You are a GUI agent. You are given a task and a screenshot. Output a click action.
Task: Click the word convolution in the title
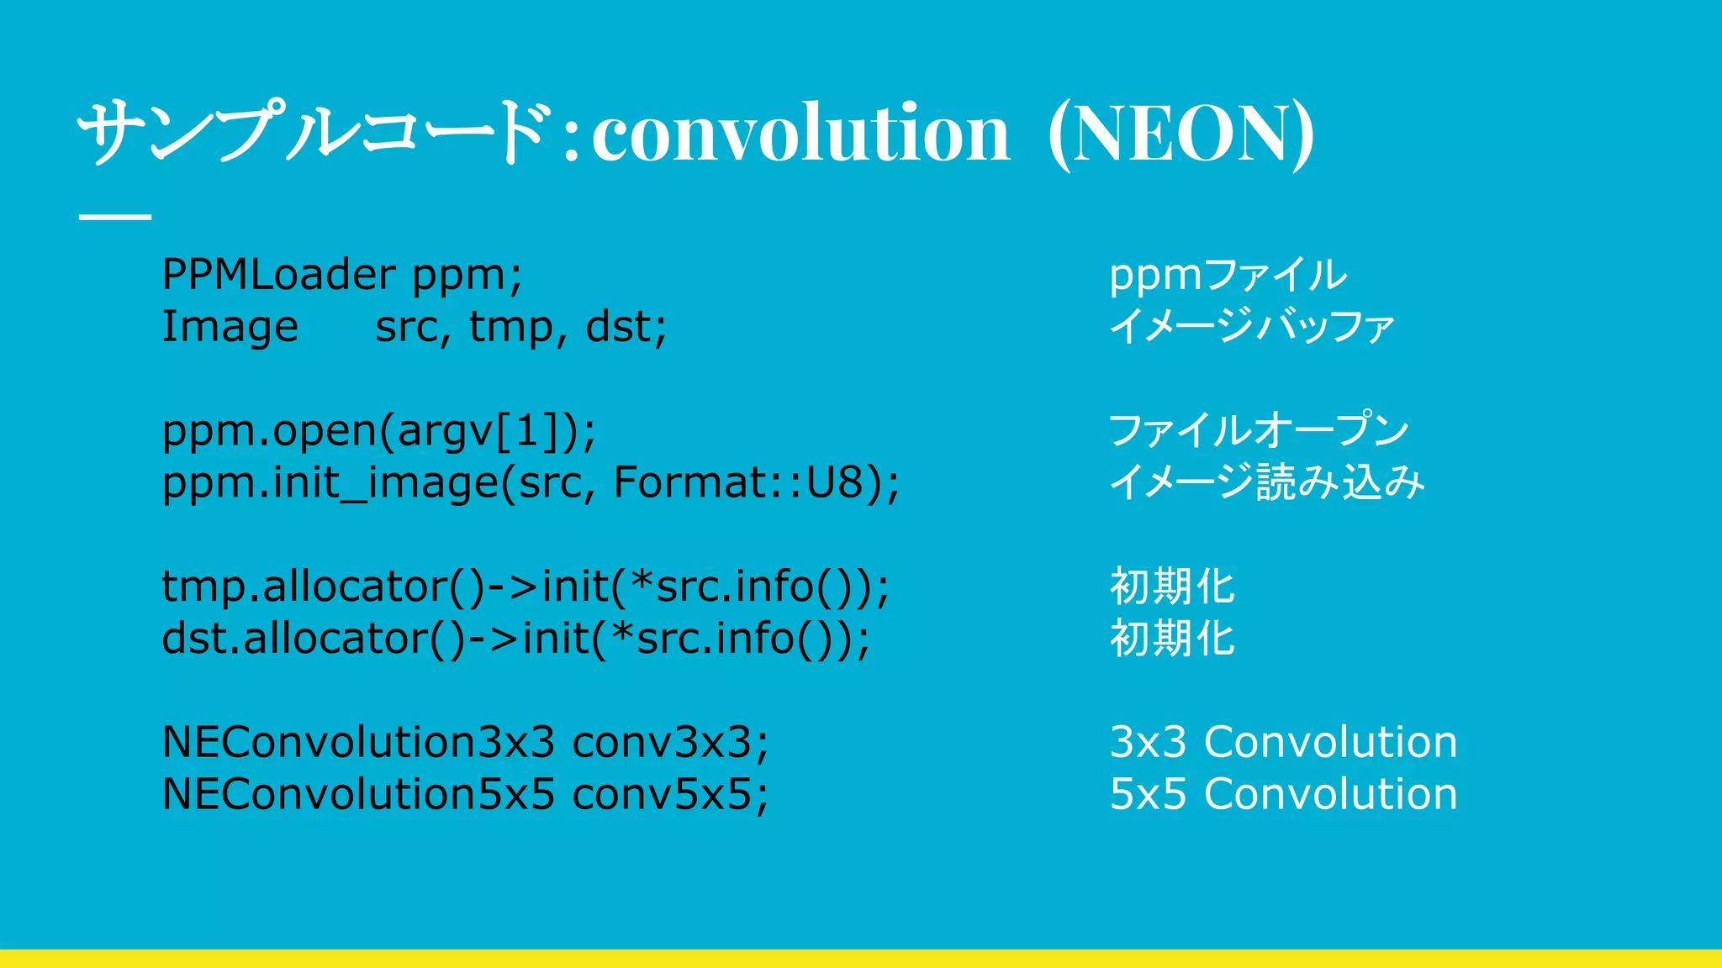coord(800,134)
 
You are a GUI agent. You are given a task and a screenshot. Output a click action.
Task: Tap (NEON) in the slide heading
coord(1181,134)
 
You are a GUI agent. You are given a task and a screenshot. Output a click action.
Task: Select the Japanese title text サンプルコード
coord(315,132)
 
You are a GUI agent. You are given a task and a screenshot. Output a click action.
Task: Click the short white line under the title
coord(115,217)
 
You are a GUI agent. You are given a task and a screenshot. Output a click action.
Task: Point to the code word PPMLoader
coord(278,275)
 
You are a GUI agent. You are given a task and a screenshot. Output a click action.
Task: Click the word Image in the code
coord(230,327)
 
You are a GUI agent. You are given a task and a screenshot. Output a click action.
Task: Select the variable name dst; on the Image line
coord(626,327)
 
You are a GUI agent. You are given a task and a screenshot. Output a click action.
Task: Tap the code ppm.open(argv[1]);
coord(378,431)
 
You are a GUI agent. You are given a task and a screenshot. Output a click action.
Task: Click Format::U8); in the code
coord(756,482)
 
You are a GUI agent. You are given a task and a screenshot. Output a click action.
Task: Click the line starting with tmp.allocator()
coord(525,587)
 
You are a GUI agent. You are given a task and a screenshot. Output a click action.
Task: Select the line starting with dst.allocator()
coord(515,639)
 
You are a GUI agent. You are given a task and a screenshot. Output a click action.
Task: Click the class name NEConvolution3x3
coord(358,742)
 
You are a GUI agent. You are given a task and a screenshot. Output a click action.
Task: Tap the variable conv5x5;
coord(670,794)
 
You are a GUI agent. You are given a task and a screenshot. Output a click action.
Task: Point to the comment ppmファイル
coord(1227,276)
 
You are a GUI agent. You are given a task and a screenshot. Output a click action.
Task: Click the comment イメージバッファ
coord(1251,327)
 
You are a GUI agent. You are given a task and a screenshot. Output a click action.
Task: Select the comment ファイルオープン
coord(1258,430)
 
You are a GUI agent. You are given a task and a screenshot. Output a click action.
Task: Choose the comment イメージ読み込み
coord(1266,482)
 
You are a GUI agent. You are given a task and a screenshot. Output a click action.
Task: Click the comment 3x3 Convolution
coord(1283,742)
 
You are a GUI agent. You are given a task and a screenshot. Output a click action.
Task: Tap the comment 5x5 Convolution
coord(1283,794)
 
